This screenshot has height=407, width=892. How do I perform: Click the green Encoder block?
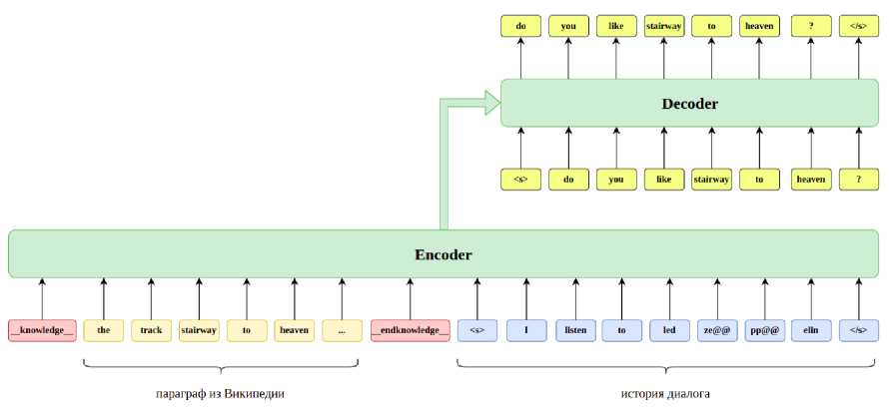(x=443, y=254)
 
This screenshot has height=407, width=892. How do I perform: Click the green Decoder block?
(x=689, y=104)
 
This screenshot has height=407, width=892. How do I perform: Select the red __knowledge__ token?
(x=42, y=330)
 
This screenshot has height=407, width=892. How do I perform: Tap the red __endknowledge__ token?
(x=410, y=330)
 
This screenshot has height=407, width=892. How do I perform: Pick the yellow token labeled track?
(x=151, y=330)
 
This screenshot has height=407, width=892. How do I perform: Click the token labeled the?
(x=103, y=330)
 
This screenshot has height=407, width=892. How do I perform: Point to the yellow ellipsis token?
(x=342, y=330)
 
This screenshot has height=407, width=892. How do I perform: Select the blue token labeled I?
(x=524, y=330)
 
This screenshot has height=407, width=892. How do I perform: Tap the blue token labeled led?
(x=668, y=330)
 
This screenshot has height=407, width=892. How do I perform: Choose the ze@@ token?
(x=716, y=330)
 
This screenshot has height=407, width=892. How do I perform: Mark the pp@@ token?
(x=764, y=330)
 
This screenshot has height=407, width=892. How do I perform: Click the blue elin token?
(x=811, y=330)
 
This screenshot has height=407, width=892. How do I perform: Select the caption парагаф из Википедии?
(x=222, y=393)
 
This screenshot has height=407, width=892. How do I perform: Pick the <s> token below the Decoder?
(x=520, y=180)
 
